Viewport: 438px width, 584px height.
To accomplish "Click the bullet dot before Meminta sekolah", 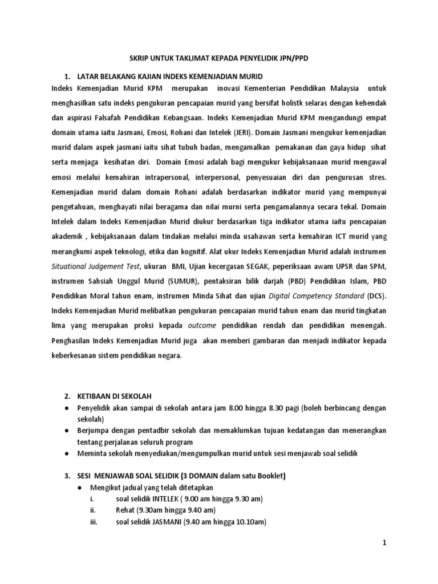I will (68, 453).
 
